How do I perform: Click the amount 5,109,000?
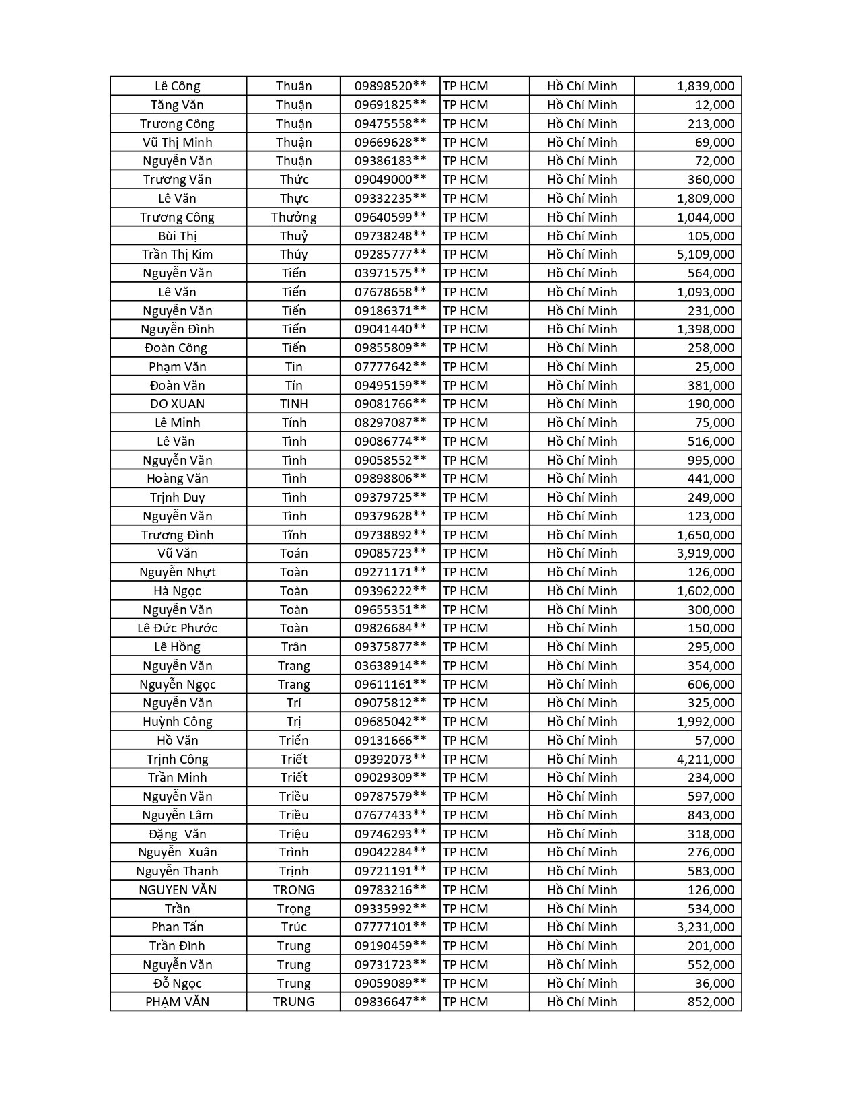coord(705,255)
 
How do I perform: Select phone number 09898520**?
coord(390,86)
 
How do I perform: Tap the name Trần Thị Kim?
coord(178,255)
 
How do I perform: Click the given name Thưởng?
coord(294,217)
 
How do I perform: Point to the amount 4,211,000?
coord(705,759)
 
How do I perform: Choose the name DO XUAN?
coord(178,404)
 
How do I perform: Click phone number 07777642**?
coord(390,367)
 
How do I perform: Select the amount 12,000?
coord(715,105)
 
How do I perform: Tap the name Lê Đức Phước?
coord(178,628)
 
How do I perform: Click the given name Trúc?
coord(294,927)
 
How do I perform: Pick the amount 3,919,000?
coord(705,553)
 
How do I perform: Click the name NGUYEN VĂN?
coord(178,890)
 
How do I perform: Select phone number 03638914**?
coord(390,666)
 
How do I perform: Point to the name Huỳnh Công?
coord(178,722)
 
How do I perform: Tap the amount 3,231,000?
coord(705,927)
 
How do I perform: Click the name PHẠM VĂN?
coord(178,1002)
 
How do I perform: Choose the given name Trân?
coord(294,647)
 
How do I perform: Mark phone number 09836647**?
coord(390,1002)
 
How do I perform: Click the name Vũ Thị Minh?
coord(178,142)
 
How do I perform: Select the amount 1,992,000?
coord(705,722)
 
